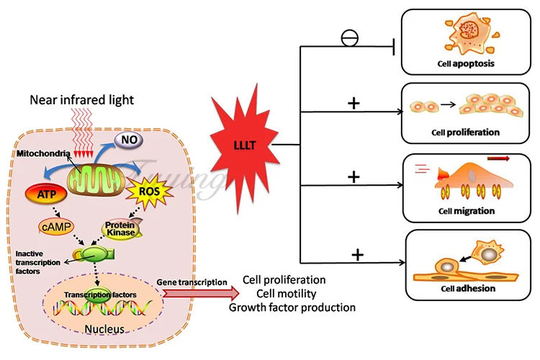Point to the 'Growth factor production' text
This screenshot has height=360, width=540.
click(x=292, y=307)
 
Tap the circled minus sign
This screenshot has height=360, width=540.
click(x=350, y=38)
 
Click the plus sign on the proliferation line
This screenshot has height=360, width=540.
click(x=354, y=104)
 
